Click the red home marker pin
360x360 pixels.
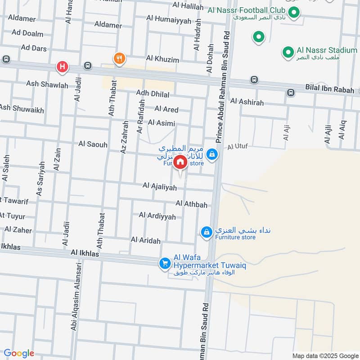(x=180, y=162)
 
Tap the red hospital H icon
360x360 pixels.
(x=62, y=67)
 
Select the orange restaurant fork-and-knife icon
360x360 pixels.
(x=119, y=58)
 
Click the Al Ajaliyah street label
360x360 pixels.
(x=160, y=186)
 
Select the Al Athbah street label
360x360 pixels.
(x=192, y=205)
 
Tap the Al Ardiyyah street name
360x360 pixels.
(x=157, y=216)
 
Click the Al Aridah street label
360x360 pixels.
(x=145, y=240)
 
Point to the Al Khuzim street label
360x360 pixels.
(x=162, y=59)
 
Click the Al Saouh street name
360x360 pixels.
(x=93, y=144)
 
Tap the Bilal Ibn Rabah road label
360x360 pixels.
(x=329, y=90)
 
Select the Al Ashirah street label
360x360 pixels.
(x=247, y=103)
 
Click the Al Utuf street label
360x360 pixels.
(x=238, y=147)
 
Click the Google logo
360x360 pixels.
(x=19, y=353)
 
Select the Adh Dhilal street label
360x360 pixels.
(x=153, y=94)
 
